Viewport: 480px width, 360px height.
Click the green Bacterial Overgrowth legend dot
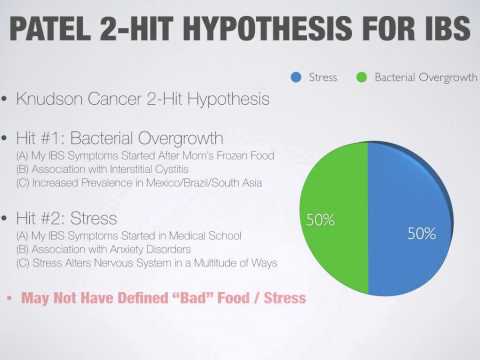(361, 76)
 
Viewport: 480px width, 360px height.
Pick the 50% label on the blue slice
(422, 234)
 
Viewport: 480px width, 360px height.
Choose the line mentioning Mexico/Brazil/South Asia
(129, 182)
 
